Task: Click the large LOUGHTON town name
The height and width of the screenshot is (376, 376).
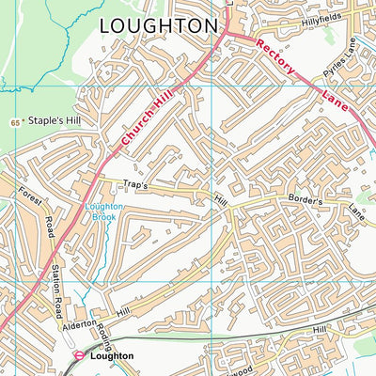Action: click(x=157, y=25)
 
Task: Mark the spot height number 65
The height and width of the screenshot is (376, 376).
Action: click(x=16, y=122)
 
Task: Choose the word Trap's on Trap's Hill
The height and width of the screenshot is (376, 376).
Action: click(x=136, y=185)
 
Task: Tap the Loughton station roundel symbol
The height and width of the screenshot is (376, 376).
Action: click(x=80, y=356)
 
